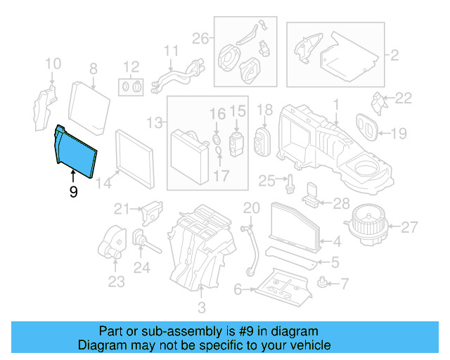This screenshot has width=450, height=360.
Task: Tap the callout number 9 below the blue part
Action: pos(73,191)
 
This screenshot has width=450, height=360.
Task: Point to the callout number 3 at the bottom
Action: pos(201,307)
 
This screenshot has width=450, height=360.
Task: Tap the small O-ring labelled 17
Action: pos(218,152)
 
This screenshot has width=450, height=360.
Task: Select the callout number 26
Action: pos(200,38)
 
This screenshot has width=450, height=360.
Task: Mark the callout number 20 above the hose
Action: pos(251,207)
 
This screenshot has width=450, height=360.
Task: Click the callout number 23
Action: pos(116,282)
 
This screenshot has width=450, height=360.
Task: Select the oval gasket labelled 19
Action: pos(366,127)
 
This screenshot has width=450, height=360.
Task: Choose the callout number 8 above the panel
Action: pos(92,69)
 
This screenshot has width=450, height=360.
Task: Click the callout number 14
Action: pos(104,184)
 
